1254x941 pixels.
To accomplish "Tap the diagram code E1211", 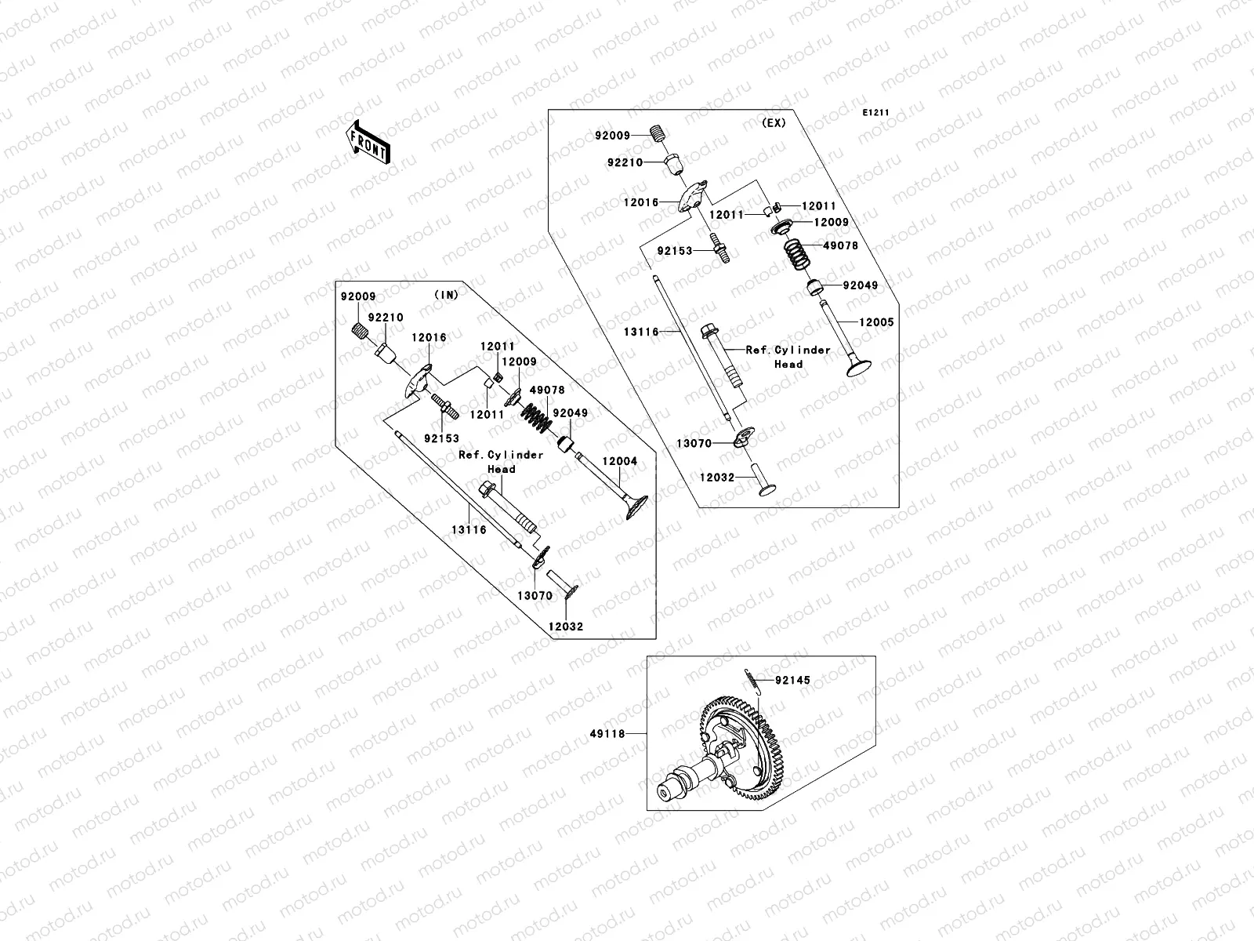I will [876, 113].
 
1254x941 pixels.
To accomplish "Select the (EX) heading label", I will [773, 122].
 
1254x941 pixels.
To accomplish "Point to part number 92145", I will [793, 681].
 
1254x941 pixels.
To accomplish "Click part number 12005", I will [875, 322].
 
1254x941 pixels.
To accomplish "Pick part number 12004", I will [620, 462].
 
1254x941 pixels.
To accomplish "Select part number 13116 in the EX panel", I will [641, 332].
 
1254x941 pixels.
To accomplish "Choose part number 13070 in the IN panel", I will [535, 596].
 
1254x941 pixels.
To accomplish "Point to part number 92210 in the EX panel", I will [625, 162].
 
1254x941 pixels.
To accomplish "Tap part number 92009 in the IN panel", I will [358, 297].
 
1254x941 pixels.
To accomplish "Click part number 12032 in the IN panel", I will [566, 627].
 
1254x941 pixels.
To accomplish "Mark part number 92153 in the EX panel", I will [675, 252].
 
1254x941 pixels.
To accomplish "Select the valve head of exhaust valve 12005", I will [853, 367].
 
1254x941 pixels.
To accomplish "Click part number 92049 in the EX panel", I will [861, 285].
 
